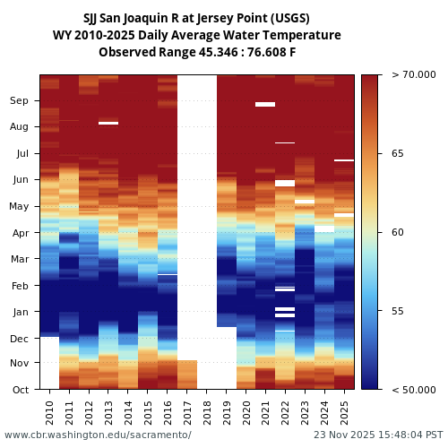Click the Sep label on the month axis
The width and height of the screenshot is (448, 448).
(19, 101)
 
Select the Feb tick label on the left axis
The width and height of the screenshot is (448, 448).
(19, 286)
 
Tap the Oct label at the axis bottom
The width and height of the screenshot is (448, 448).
(19, 390)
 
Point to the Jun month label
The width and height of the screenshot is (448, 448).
(19, 180)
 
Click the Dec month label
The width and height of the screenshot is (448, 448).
(19, 339)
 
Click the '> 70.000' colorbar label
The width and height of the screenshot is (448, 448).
(413, 75)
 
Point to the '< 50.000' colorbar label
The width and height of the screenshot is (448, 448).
(413, 390)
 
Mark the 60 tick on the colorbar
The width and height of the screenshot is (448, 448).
(397, 233)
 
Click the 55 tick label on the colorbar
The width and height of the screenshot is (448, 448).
(397, 311)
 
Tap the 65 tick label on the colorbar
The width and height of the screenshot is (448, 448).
(397, 154)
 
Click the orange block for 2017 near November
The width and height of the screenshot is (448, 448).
(187, 375)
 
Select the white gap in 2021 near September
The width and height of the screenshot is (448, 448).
(265, 104)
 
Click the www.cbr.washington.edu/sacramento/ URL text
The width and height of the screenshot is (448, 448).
(98, 435)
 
